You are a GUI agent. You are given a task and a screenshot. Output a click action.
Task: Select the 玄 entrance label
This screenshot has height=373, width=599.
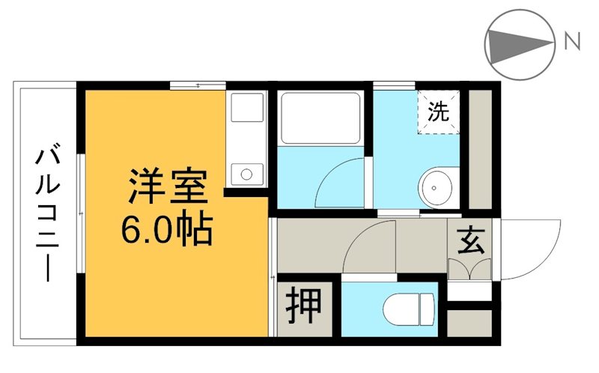click(x=469, y=240)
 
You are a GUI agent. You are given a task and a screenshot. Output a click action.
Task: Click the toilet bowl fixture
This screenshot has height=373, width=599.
click(x=407, y=308)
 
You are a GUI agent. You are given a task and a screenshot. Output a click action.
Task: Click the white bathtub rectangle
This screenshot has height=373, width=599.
click(x=320, y=118)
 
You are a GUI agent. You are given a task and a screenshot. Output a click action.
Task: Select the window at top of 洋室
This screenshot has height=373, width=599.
click(x=198, y=86)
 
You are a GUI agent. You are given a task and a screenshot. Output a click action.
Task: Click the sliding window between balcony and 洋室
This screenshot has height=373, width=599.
click(x=80, y=213)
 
